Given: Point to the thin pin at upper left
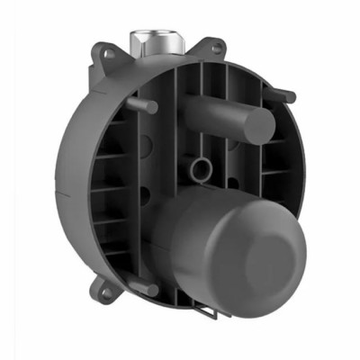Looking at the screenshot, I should [x=145, y=106].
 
